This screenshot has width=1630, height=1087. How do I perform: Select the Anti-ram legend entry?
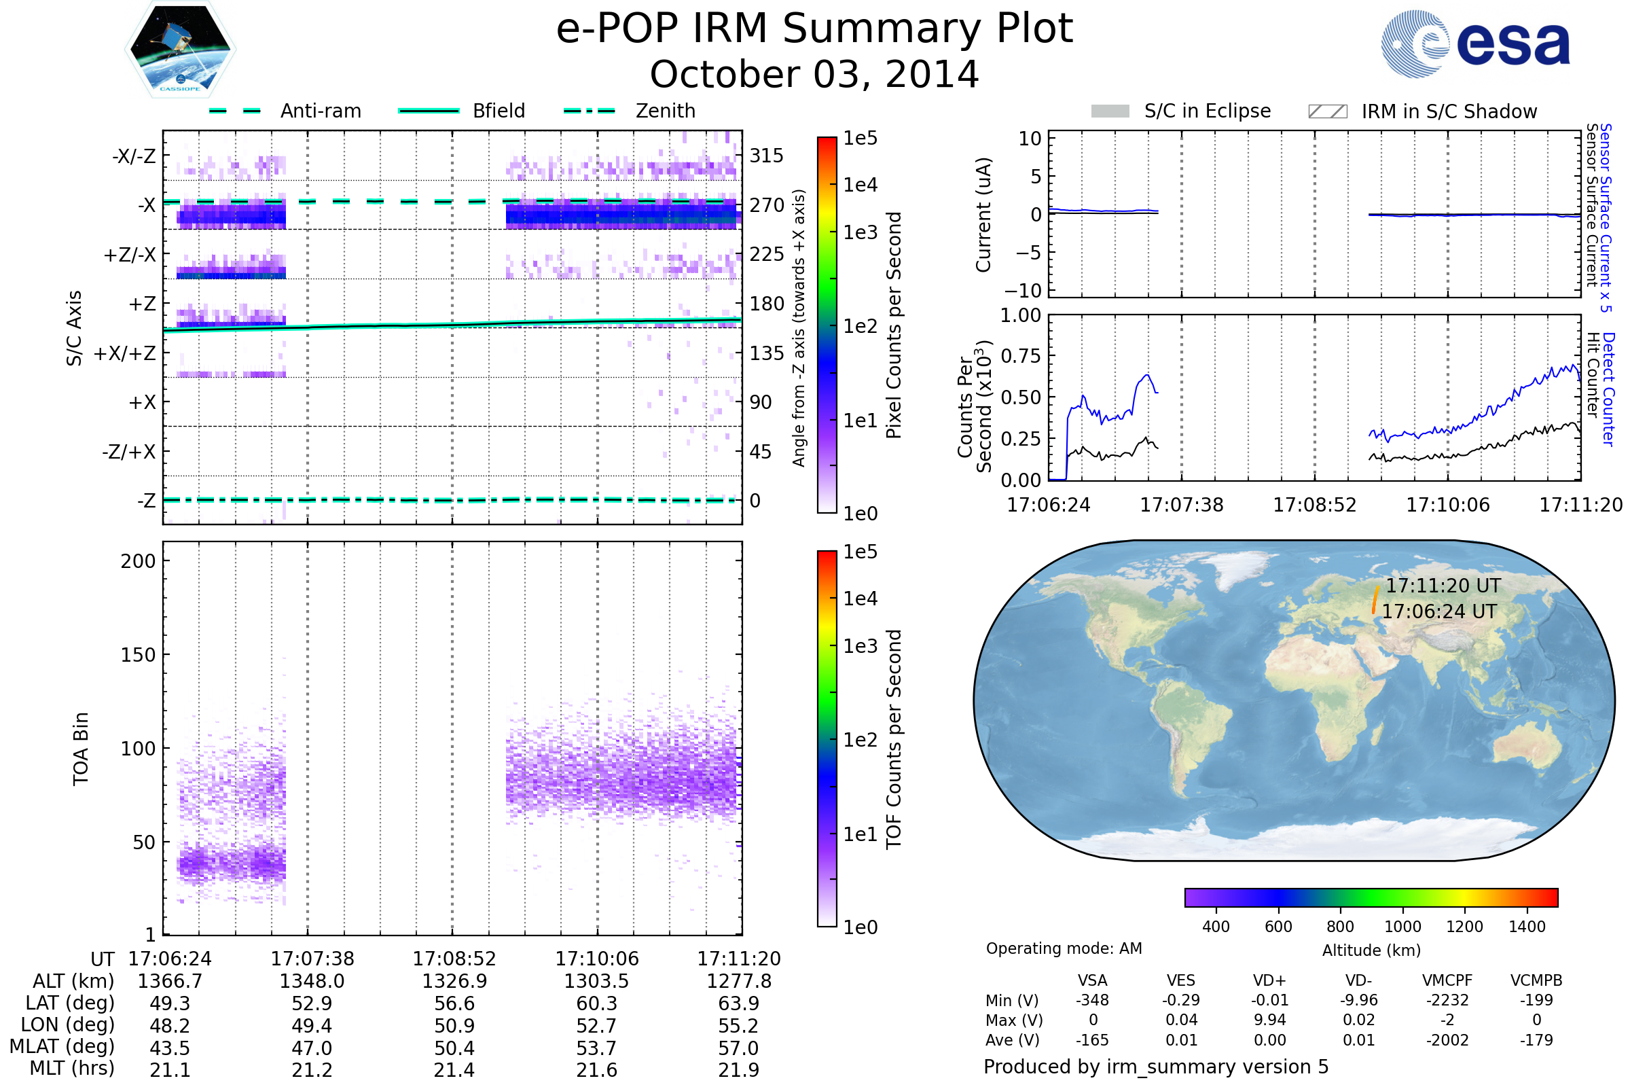click(x=285, y=111)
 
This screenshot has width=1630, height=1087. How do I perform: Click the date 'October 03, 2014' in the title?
click(x=814, y=74)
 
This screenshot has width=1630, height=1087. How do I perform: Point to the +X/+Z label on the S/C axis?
click(x=125, y=353)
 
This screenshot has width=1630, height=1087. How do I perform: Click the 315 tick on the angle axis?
click(x=767, y=156)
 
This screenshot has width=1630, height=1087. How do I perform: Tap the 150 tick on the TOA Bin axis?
click(x=138, y=655)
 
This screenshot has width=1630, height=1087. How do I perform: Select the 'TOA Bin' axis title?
click(x=81, y=749)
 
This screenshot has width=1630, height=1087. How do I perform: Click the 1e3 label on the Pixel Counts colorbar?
click(x=860, y=232)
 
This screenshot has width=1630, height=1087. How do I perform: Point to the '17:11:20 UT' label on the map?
click(x=1443, y=586)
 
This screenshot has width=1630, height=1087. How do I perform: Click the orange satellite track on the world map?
click(x=1375, y=599)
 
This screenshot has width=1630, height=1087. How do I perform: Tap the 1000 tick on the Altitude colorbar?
click(x=1402, y=927)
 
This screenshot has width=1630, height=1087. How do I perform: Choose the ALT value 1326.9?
click(x=454, y=981)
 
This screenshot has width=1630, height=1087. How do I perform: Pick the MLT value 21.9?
click(x=739, y=1069)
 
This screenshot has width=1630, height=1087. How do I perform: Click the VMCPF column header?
click(x=1447, y=980)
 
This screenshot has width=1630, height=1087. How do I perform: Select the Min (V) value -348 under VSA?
click(x=1092, y=1000)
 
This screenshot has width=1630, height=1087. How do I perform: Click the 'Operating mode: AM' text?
click(x=1064, y=948)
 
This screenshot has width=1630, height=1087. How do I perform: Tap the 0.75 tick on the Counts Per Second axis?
click(x=1022, y=355)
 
